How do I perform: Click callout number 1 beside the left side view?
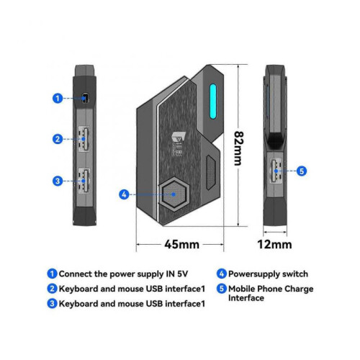point(58,98)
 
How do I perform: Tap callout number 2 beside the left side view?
point(58,139)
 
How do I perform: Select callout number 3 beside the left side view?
point(58,181)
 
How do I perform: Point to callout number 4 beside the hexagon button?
point(124,194)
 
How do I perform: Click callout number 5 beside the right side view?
point(302,171)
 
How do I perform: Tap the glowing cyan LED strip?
point(213,102)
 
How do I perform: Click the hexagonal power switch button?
point(174,194)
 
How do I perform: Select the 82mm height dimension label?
point(238,148)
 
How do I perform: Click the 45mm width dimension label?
point(181,244)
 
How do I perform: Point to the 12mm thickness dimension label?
point(274,244)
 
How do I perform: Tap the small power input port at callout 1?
point(85,98)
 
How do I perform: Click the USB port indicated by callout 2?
point(84,139)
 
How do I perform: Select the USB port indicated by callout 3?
point(84,181)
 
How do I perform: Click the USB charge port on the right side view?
point(276,171)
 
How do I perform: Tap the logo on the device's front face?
point(177,144)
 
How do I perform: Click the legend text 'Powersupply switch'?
point(268,274)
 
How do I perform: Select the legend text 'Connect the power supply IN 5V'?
point(123,274)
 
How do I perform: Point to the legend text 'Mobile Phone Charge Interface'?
point(271,293)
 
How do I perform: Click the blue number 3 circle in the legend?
point(52,304)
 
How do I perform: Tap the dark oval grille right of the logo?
point(210,172)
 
